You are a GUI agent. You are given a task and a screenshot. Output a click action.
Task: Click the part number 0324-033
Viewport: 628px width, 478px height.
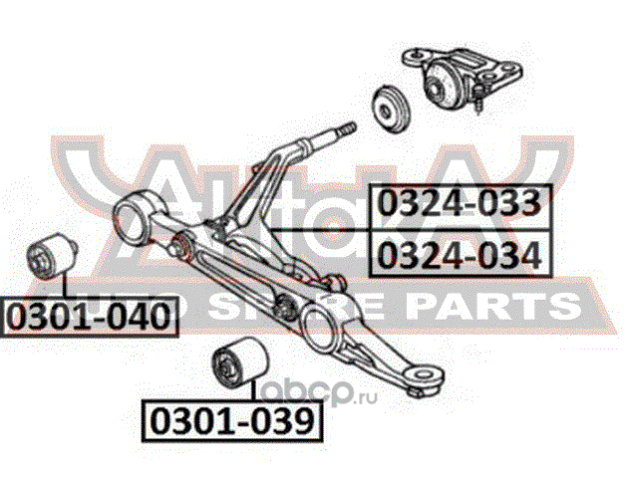point(460,204)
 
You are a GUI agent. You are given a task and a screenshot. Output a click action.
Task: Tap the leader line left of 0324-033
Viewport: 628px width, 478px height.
point(319,230)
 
